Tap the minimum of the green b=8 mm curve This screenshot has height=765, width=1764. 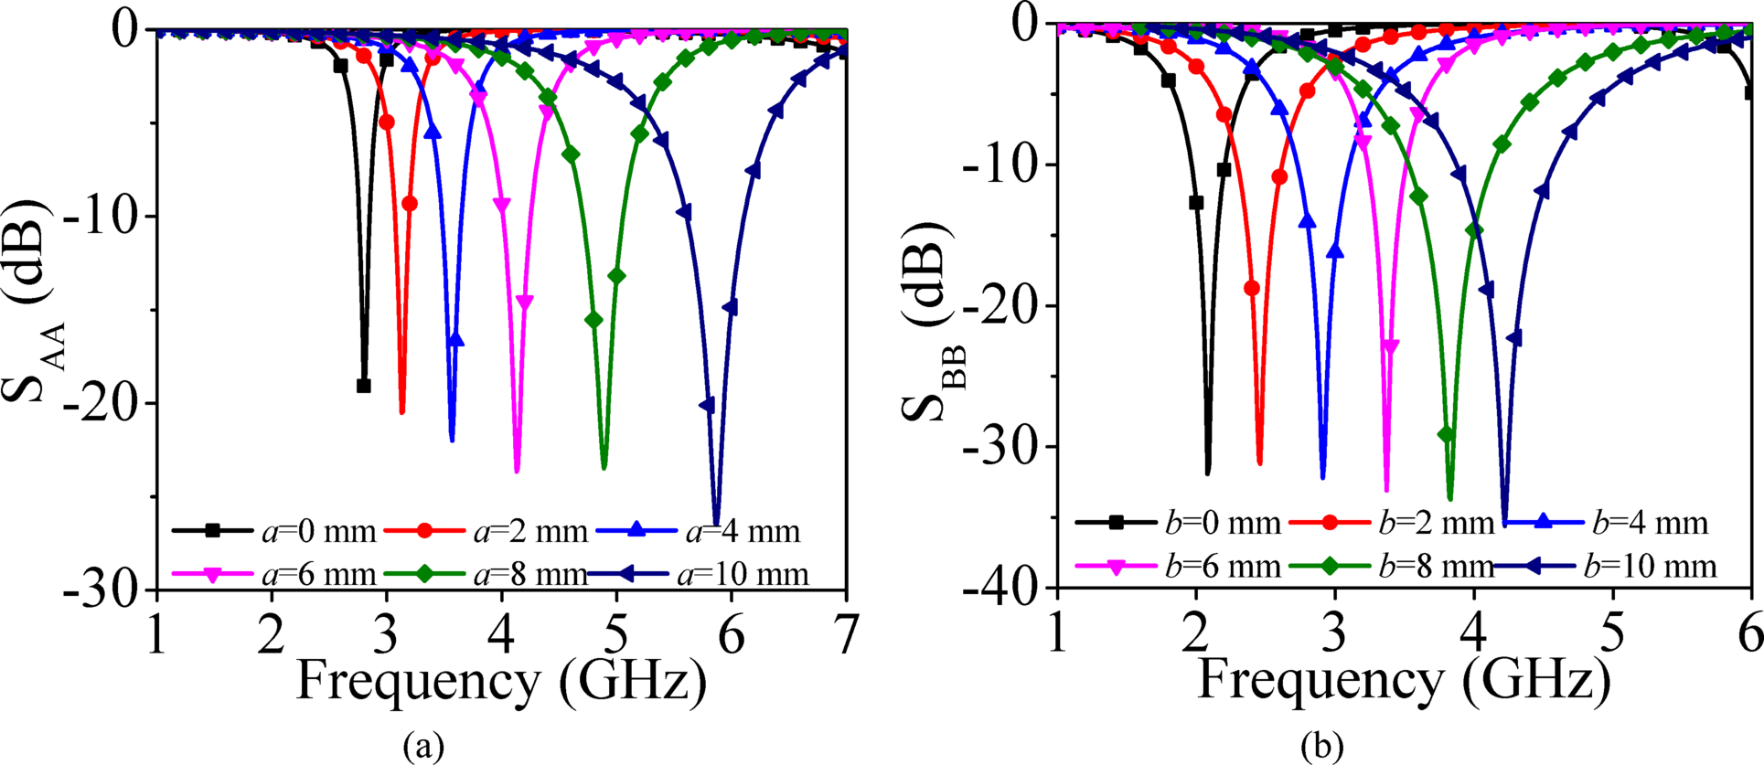(x=1450, y=498)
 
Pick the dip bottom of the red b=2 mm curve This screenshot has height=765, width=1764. (x=1259, y=462)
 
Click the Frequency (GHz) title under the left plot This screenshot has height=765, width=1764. (x=501, y=682)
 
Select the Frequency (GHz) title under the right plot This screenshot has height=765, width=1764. (x=1403, y=680)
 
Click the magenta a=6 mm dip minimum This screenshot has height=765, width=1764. (x=517, y=471)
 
